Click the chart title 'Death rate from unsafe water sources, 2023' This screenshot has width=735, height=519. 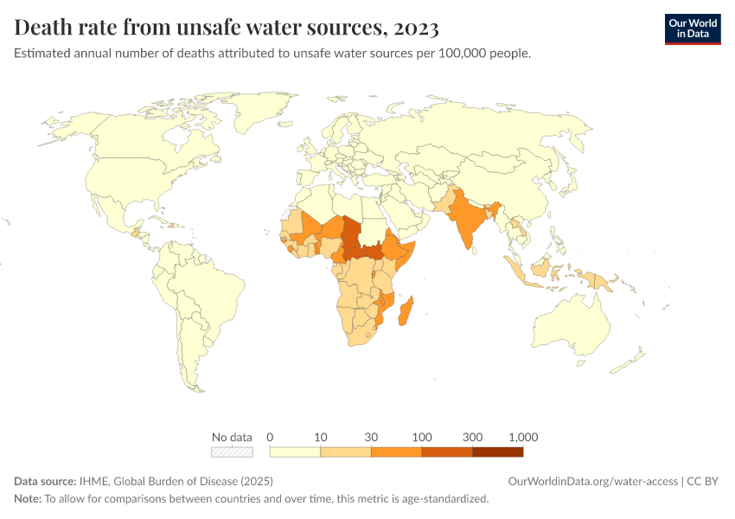pos(227,29)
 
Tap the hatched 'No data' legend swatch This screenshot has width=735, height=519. pos(232,452)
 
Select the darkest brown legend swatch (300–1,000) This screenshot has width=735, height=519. pos(498,452)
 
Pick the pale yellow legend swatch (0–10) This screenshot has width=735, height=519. pos(295,452)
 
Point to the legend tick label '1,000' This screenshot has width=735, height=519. pos(523,437)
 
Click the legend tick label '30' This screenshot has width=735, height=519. pos(371,437)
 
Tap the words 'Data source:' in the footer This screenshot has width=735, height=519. pos(45,481)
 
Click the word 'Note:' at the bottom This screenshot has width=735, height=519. pos(28,499)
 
